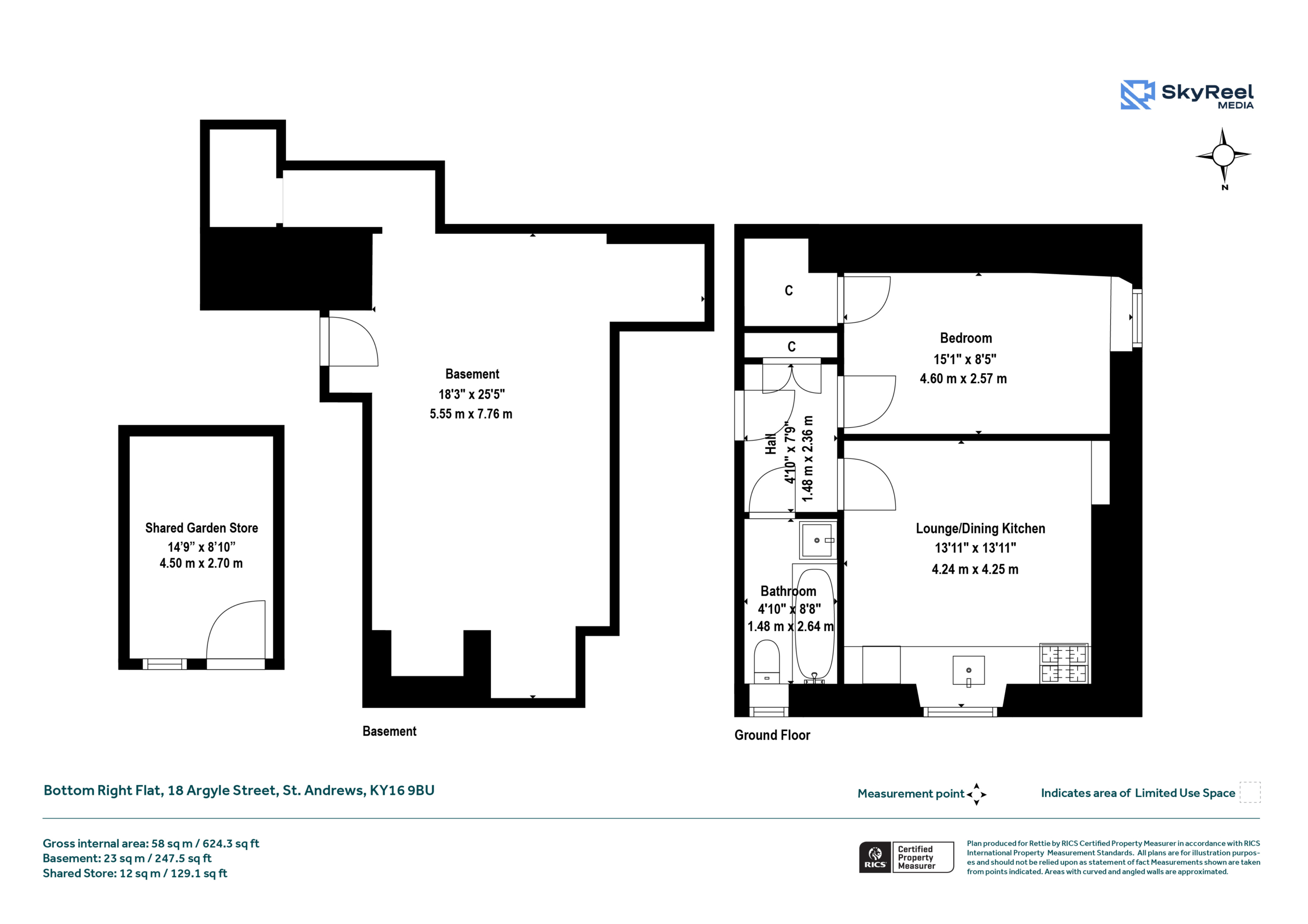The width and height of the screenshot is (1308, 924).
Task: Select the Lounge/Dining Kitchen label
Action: [x=980, y=528]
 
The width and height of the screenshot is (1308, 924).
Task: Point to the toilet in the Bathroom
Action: [x=766, y=661]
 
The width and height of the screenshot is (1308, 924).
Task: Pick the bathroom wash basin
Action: [x=818, y=540]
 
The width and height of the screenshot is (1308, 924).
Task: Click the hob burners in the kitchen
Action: [x=1064, y=663]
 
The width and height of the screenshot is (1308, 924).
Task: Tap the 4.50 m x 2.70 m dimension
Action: [x=201, y=563]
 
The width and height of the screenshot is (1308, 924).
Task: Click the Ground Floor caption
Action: [x=772, y=735]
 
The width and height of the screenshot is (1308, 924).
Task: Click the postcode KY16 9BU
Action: [x=402, y=790]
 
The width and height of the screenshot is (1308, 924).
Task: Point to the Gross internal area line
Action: [x=151, y=843]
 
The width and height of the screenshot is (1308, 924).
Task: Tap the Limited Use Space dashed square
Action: [x=1250, y=792]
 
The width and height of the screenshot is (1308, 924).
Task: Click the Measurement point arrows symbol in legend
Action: [x=976, y=794]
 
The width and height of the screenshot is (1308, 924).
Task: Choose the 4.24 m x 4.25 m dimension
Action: [x=975, y=569]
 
